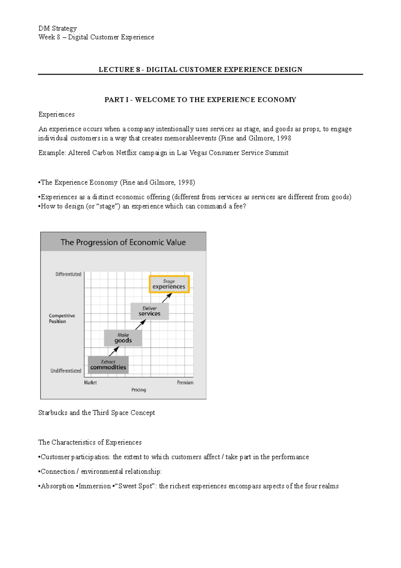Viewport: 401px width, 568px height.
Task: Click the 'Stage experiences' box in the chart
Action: [169, 284]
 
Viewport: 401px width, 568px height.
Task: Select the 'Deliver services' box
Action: [149, 311]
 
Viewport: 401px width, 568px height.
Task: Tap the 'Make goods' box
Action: [123, 338]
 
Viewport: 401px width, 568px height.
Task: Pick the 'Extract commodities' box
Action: [108, 365]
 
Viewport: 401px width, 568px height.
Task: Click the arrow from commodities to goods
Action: [114, 351]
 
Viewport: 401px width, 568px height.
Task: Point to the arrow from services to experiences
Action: [167, 298]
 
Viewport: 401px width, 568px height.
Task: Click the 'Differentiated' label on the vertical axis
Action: [69, 274]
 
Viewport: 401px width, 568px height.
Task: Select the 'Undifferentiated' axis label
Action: [66, 371]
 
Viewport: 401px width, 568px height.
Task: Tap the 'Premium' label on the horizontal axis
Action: [185, 382]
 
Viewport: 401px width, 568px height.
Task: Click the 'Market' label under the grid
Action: [90, 382]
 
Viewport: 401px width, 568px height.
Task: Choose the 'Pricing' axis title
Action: [139, 390]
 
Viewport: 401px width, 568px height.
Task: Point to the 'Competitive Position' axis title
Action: [61, 318]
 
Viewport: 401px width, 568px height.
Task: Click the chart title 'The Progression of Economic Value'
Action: [123, 242]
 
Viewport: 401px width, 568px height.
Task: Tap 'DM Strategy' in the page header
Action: [57, 28]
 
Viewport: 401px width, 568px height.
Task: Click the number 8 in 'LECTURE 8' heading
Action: [138, 70]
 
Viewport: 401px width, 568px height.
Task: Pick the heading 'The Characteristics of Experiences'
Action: [90, 442]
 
